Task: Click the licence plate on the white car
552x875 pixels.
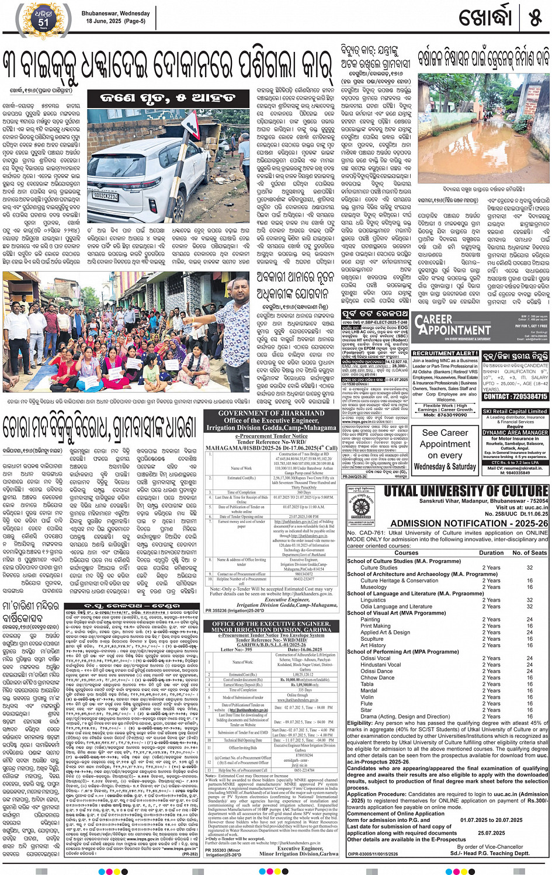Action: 105,197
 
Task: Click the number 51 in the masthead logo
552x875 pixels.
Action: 44,22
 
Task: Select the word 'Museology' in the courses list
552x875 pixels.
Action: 373,587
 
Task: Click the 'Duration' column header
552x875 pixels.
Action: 491,553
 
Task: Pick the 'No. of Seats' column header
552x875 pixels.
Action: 529,553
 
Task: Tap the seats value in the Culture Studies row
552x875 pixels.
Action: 530,567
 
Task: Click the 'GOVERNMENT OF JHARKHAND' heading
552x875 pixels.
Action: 270,413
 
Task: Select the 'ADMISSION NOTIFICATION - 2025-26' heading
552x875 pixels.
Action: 469,523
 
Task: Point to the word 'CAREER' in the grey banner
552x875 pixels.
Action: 433,320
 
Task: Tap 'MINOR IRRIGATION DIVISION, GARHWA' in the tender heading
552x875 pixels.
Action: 270,630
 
